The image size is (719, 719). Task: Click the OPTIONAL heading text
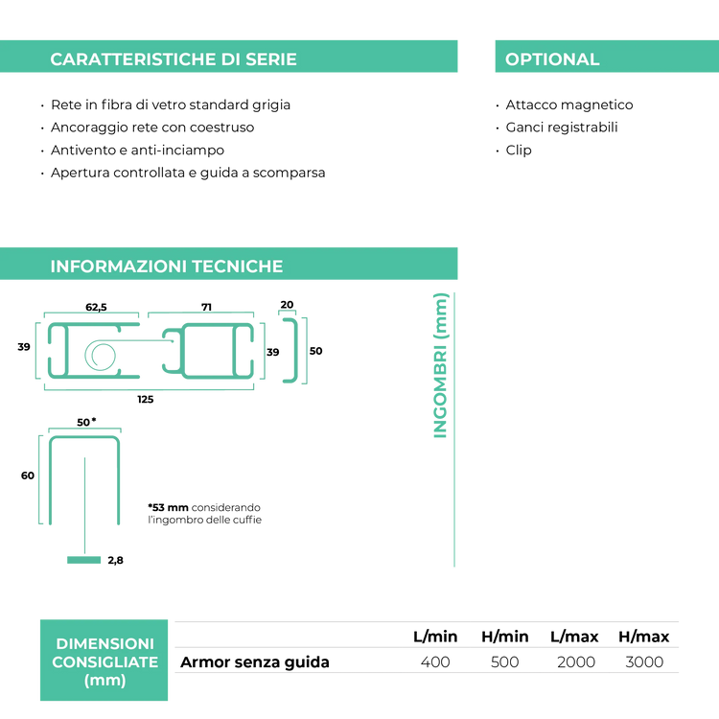tap(552, 59)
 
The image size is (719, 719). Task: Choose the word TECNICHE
tap(237, 267)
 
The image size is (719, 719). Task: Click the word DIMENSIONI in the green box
tap(104, 643)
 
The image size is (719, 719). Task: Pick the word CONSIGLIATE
tap(104, 662)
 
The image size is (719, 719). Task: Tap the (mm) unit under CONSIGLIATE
tap(104, 681)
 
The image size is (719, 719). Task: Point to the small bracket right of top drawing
tap(295, 347)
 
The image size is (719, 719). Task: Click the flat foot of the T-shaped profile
tap(83, 558)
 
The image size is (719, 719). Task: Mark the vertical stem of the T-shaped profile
tap(84, 503)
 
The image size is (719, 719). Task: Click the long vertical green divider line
tap(453, 431)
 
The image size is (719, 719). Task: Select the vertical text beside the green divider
tap(440, 364)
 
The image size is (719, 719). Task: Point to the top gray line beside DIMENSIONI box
tap(427, 622)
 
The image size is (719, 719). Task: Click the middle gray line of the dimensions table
tap(427, 647)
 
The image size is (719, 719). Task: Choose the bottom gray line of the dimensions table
tap(427, 672)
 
